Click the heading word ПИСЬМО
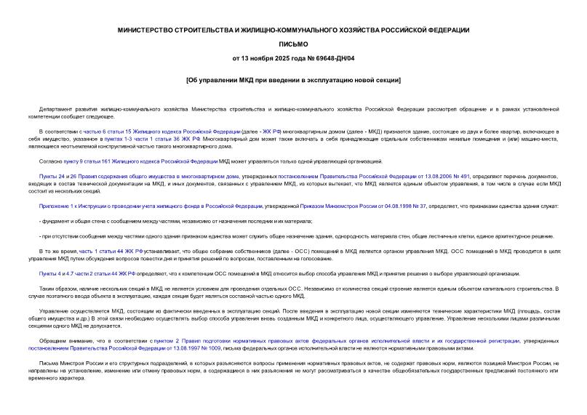coord(293,44)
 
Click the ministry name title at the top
coord(293,30)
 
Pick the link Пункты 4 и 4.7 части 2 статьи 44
coord(88,273)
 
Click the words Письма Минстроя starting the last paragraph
coord(66,363)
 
